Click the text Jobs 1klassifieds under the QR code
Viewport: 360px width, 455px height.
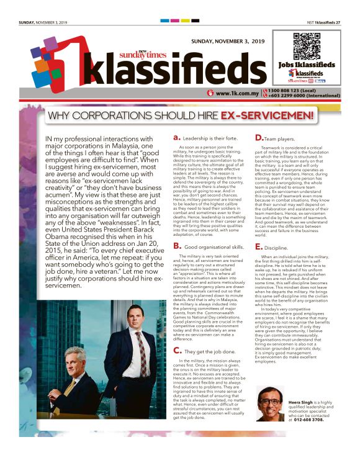point(306,65)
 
